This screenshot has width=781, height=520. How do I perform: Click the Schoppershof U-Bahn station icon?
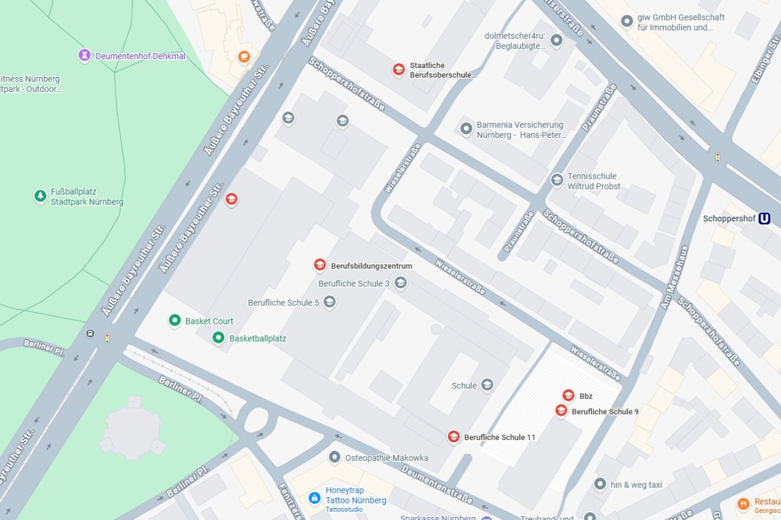tap(764, 218)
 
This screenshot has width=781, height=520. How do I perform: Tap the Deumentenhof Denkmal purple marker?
tap(84, 56)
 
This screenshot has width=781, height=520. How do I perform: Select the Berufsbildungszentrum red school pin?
tap(320, 265)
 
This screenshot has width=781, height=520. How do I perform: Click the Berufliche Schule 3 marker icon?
tap(401, 283)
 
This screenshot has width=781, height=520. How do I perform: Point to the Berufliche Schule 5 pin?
tap(329, 302)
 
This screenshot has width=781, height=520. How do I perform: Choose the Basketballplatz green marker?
tap(219, 338)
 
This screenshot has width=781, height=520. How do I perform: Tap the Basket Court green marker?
tap(175, 321)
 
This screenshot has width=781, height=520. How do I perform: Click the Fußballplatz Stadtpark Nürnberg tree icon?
tap(40, 196)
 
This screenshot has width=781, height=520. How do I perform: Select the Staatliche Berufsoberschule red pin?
tap(398, 70)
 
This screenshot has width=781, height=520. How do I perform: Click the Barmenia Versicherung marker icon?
tap(466, 129)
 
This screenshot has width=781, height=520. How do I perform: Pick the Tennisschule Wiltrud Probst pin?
tap(557, 180)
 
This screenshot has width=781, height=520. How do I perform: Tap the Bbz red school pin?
tap(568, 395)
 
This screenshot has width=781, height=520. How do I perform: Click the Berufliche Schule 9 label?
tap(604, 412)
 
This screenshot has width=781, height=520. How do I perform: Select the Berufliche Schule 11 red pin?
tap(453, 437)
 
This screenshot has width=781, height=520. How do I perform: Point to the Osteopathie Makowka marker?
tap(334, 457)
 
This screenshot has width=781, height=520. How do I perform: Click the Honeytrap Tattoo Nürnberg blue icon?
tap(314, 498)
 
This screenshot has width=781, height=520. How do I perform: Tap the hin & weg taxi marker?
tap(600, 484)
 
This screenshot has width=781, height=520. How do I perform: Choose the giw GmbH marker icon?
tap(627, 22)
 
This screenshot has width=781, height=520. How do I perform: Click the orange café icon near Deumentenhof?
tap(244, 57)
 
